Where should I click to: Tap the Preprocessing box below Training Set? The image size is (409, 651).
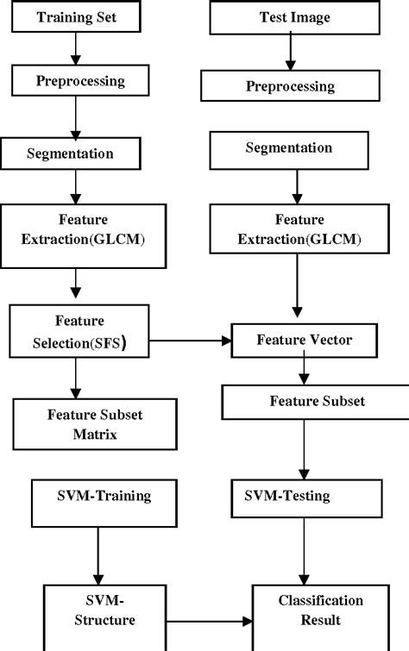[80, 81]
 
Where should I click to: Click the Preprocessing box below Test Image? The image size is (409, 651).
[290, 86]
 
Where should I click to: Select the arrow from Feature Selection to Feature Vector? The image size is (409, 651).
[191, 341]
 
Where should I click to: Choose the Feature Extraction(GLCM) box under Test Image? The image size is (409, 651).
[299, 228]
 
